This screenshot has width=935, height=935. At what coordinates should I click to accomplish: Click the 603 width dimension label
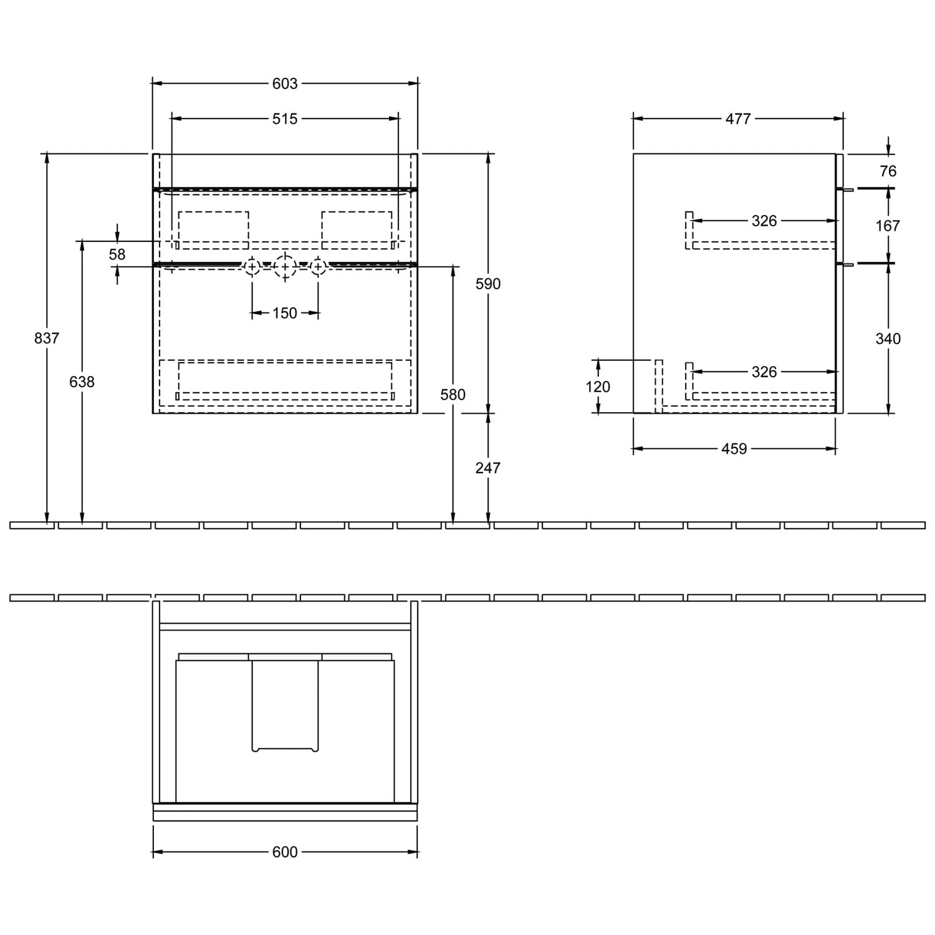pos(285,84)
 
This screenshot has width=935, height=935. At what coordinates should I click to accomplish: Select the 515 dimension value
pos(285,118)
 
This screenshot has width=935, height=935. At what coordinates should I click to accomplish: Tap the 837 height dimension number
pos(47,338)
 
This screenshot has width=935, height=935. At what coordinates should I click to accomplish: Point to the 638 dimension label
pos(82,381)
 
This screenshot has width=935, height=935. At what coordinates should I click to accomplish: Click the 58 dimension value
pos(117,254)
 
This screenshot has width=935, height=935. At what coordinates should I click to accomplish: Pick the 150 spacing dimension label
pos(285,313)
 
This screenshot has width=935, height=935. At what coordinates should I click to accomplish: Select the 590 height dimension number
pos(488,284)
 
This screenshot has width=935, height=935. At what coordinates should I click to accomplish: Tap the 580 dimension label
pos(453,395)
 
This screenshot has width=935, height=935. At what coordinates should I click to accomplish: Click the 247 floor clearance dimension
pos(488,467)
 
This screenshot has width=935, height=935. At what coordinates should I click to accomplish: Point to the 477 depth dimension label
pos(738,118)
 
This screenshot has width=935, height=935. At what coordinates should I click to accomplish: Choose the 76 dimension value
pos(888,171)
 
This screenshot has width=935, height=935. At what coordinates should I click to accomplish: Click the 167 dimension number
pos(888,225)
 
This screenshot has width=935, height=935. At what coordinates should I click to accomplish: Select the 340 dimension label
pos(888,338)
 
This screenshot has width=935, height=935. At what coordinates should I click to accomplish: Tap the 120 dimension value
pos(598,386)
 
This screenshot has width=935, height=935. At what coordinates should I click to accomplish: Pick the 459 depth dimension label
pos(734,449)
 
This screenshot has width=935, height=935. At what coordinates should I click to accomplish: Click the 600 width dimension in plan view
pos(285,852)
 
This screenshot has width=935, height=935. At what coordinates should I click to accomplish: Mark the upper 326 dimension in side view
pos(764,221)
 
